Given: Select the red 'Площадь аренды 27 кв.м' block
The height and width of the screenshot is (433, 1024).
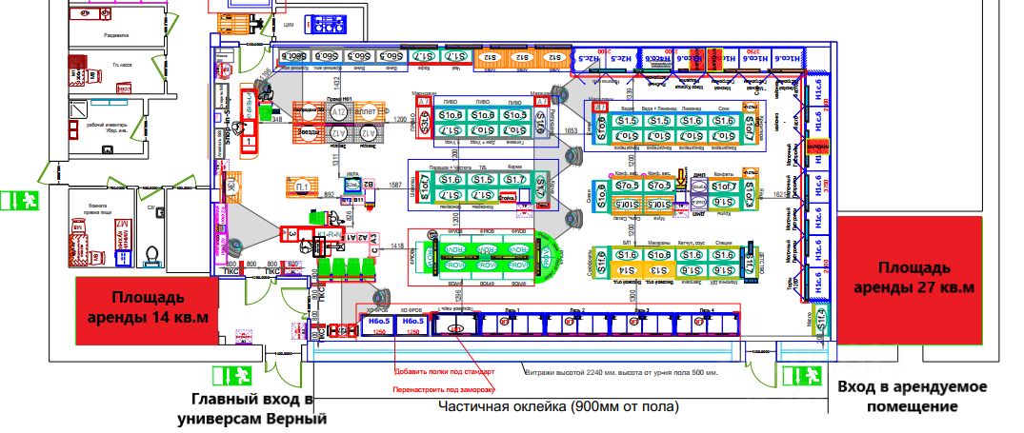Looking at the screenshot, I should (912, 277).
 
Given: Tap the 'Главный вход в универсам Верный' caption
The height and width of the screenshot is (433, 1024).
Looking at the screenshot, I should (251, 407).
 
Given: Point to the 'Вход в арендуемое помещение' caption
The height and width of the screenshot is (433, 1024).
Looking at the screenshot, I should (913, 397).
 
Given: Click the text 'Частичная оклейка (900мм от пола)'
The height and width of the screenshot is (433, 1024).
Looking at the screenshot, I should (558, 406).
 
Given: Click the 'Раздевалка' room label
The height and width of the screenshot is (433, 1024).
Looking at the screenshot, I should (115, 34).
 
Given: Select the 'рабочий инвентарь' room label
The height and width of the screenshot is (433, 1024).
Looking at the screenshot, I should (107, 126).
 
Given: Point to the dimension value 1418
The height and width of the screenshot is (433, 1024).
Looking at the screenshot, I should (396, 247).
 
